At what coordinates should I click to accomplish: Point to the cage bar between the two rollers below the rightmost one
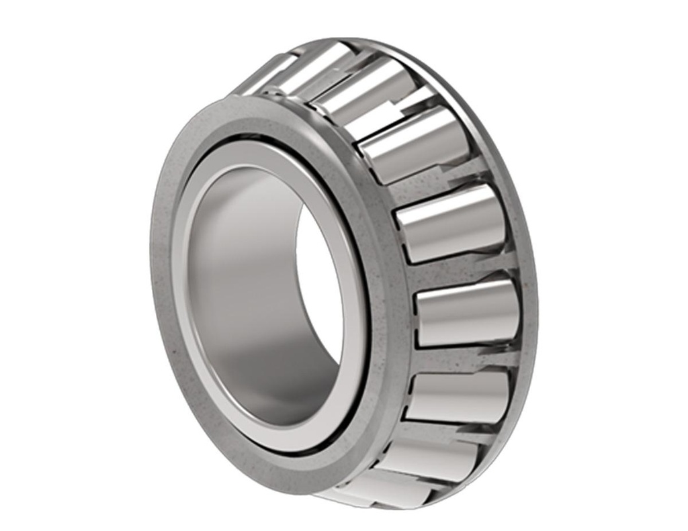450,430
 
